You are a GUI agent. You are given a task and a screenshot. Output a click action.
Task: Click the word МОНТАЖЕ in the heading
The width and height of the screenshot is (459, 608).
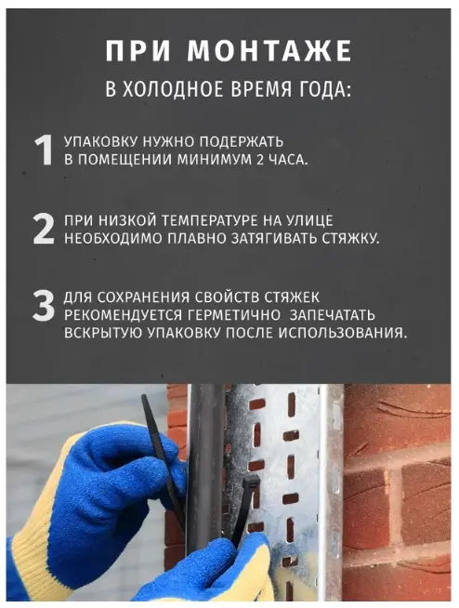coord(269,51)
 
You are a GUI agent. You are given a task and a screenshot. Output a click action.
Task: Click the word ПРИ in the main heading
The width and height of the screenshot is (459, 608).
coord(138,51)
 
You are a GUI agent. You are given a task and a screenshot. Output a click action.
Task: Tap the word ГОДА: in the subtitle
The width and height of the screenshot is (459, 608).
coord(324,89)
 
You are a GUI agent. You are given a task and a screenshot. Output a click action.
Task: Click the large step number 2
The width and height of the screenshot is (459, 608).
coord(44,229)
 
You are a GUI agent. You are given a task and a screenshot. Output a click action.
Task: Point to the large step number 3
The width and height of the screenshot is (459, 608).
coord(44,306)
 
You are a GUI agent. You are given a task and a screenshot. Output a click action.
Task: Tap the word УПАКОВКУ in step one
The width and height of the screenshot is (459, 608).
coord(100,142)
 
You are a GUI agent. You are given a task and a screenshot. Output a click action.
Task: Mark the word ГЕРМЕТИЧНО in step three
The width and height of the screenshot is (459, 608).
coord(234,315)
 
